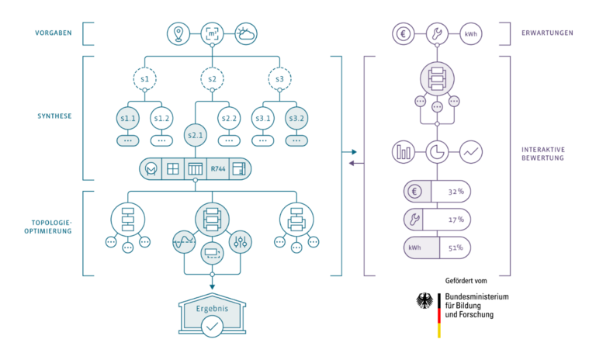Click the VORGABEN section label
point(54,33)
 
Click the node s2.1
point(195,134)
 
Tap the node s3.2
point(296,118)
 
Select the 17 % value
point(456,220)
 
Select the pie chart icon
point(438,151)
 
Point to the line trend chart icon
point(471,151)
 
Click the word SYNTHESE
point(54,116)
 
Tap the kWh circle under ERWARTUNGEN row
point(471,33)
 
